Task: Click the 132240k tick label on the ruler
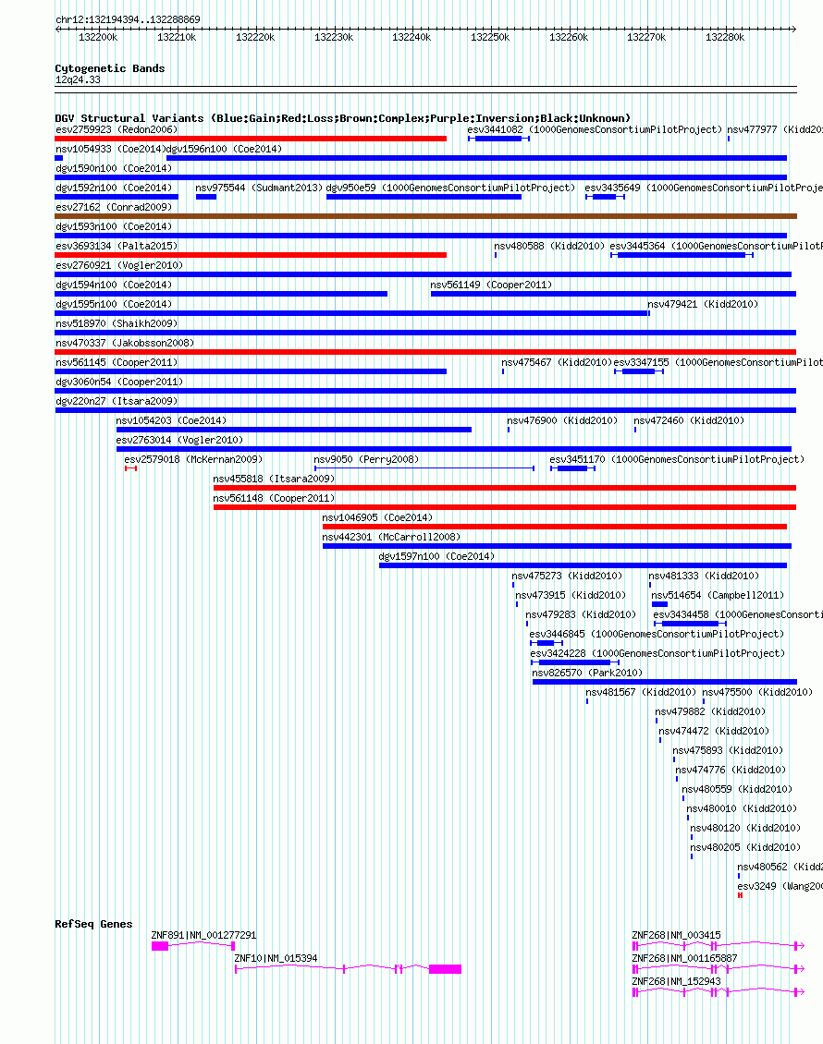point(411,37)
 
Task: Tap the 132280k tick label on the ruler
point(725,37)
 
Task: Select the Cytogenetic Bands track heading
point(110,68)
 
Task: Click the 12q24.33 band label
point(78,80)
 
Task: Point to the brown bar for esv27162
point(425,216)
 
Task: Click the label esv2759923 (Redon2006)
point(117,129)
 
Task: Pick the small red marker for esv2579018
point(130,468)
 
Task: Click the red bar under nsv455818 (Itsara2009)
point(504,488)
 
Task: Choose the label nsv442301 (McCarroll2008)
point(390,537)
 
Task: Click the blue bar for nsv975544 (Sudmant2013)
point(206,197)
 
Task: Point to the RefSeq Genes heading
point(93,924)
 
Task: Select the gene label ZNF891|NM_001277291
point(203,935)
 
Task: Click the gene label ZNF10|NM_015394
point(276,958)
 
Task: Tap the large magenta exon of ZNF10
point(445,969)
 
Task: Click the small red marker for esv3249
point(740,895)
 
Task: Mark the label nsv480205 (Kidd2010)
point(745,847)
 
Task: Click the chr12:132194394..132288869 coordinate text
point(128,19)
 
